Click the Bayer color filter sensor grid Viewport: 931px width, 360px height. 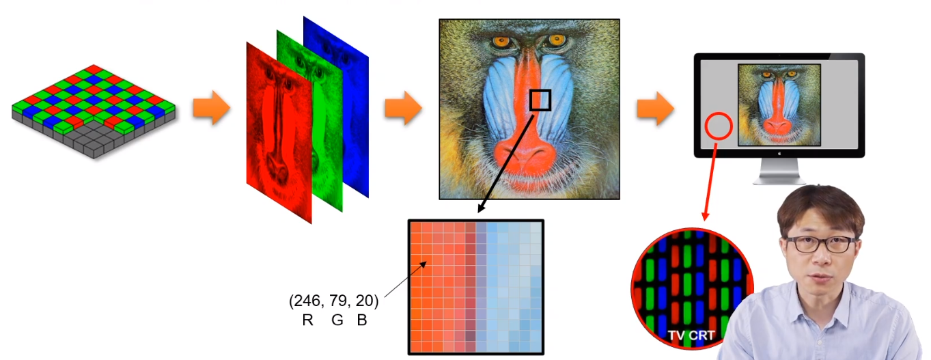click(94, 109)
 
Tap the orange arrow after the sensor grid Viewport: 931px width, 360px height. click(211, 109)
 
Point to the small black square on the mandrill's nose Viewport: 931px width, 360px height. click(540, 100)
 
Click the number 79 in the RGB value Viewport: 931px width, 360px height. click(341, 301)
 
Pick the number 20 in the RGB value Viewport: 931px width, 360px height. click(366, 301)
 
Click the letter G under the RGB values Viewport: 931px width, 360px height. click(337, 320)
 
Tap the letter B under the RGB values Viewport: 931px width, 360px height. click(362, 320)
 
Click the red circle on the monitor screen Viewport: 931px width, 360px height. click(719, 127)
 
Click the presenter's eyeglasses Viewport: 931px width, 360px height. click(820, 243)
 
